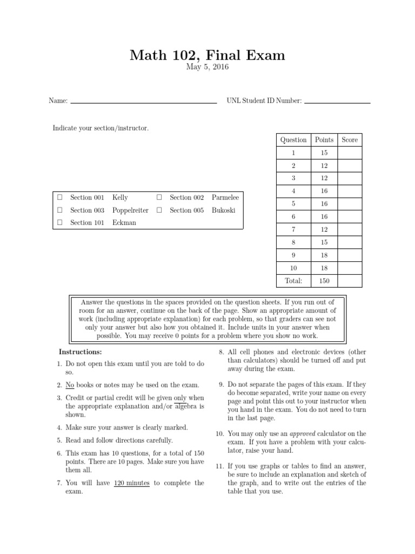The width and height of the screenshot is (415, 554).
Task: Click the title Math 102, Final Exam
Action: pos(207,55)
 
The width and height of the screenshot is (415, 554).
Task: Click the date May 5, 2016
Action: pos(207,67)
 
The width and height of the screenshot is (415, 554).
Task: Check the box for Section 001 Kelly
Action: pos(60,198)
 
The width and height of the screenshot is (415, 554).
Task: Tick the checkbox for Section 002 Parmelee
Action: pos(159,198)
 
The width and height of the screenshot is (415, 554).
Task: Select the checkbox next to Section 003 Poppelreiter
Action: pos(60,210)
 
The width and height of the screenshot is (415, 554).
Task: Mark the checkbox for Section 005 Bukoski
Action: pos(159,210)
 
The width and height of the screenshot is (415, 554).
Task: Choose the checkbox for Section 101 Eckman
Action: pos(60,222)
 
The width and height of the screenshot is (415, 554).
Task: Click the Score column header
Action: pos(350,140)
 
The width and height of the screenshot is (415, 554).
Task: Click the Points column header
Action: pos(324,140)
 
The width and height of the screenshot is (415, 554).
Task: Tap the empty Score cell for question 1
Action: pos(350,153)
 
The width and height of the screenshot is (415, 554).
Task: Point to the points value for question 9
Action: pos(324,255)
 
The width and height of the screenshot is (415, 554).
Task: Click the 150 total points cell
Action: pos(324,281)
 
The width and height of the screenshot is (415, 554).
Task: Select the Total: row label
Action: pos(293,281)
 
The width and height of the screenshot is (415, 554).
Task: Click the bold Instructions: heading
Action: pos(81,352)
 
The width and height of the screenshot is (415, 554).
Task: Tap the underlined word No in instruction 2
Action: pos(70,385)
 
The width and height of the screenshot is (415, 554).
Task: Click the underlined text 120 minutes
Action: pos(132,483)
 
